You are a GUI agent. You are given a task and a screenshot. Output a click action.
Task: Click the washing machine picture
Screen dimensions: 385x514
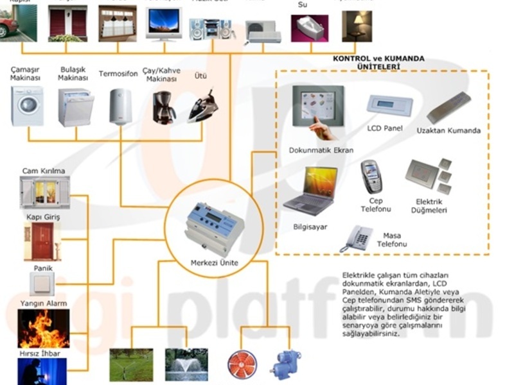click(27, 106)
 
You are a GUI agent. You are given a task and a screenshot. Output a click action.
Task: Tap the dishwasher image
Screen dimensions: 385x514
click(76, 107)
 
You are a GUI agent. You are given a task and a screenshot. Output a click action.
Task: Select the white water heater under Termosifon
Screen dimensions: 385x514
click(120, 106)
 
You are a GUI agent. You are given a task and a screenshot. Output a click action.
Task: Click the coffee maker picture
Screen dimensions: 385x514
click(164, 107)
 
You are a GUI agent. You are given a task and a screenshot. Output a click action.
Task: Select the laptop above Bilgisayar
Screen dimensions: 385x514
click(312, 191)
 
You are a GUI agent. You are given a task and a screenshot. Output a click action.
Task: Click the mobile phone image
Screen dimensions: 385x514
click(371, 177)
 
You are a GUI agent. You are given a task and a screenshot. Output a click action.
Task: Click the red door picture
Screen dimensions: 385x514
click(43, 241)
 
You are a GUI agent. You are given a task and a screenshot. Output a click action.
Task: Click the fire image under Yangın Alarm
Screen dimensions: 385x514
click(43, 328)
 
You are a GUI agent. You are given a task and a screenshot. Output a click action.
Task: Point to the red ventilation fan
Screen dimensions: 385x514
click(242, 363)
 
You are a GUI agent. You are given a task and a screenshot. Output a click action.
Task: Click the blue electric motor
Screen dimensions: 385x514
click(283, 362)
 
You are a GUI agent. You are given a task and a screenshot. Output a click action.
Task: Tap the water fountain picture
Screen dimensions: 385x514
click(186, 364)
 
